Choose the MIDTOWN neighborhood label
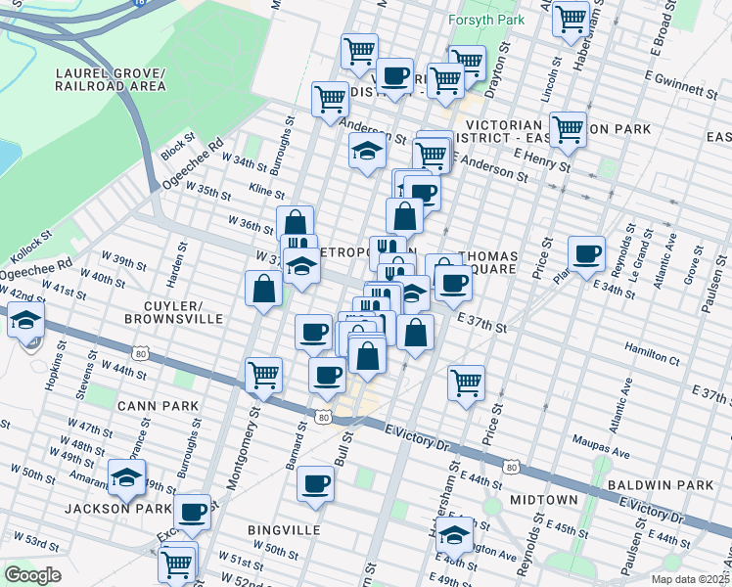(543, 500)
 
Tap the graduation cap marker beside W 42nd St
(25, 319)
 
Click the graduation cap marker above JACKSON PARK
(126, 476)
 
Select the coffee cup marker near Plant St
(587, 253)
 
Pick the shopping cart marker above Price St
(467, 382)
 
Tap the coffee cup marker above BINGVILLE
(315, 483)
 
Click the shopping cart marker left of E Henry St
(431, 154)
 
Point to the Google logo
(33, 574)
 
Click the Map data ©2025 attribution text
(691, 579)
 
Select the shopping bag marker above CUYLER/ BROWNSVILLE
(264, 289)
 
